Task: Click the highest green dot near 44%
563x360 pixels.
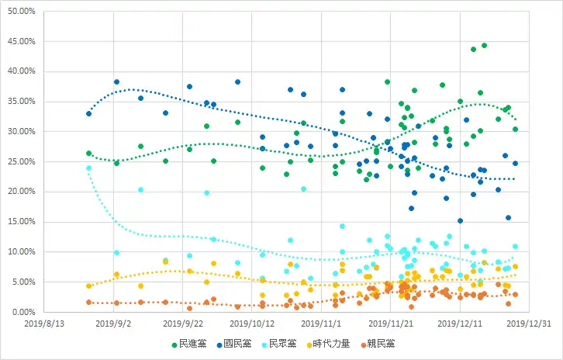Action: (484, 46)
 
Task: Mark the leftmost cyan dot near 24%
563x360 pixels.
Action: (89, 168)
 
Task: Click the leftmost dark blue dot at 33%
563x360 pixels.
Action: (89, 113)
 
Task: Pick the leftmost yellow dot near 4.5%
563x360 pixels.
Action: (89, 286)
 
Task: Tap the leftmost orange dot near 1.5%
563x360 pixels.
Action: (89, 302)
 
